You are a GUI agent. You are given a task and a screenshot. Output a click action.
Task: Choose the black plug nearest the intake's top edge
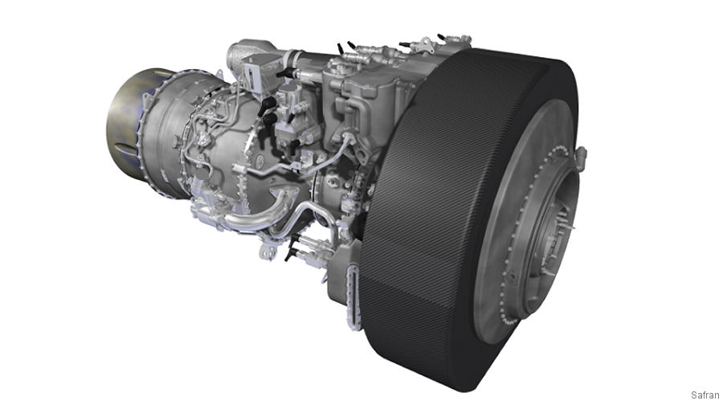pos(442,38)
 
